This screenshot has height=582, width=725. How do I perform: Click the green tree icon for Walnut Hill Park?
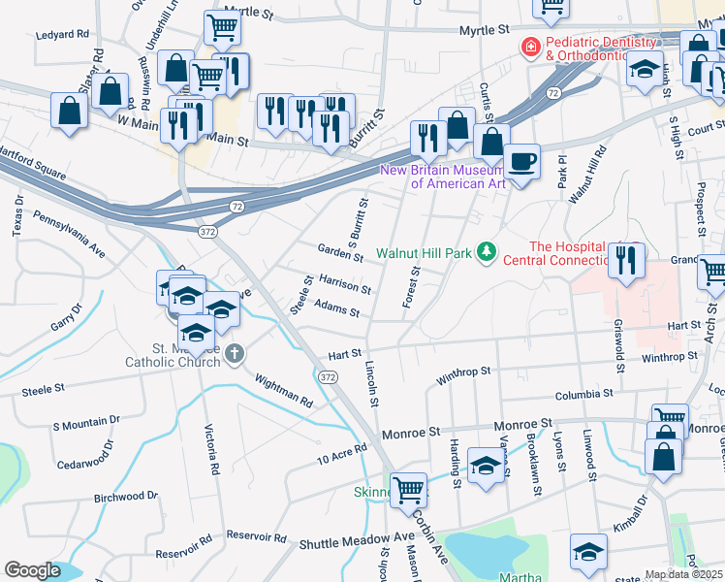tap(486, 253)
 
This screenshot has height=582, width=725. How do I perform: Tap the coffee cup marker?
tap(521, 160)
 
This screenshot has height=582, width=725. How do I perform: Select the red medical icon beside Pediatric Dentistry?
tap(530, 46)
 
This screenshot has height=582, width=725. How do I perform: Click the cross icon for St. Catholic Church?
tap(235, 356)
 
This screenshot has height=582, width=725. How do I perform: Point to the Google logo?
tap(33, 570)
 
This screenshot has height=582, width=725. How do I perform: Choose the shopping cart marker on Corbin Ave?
tap(409, 489)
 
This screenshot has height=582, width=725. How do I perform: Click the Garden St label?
tap(340, 253)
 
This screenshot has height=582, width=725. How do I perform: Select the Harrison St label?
tap(344, 283)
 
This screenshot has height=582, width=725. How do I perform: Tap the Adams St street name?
tap(336, 308)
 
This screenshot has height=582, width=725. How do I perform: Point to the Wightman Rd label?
tap(284, 389)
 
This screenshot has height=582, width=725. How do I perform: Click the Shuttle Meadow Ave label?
tap(358, 539)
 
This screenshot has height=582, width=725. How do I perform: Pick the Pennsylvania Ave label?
tap(69, 233)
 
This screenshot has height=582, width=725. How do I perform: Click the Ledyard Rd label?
tap(62, 34)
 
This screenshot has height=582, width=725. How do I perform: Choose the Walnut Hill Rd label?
tap(586, 175)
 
